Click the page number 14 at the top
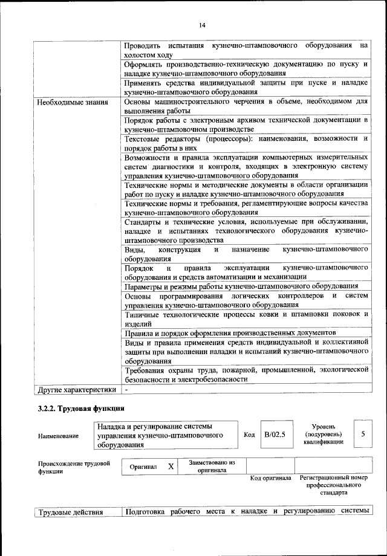coord(202,25)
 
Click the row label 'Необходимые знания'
coord(70,102)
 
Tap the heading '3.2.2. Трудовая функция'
coord(82,409)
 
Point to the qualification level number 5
coord(363,434)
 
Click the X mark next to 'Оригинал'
coord(171,467)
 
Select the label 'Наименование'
coord(58,435)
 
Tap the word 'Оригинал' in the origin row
coord(143,467)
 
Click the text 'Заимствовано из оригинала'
coord(212,466)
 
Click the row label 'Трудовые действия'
coord(71,513)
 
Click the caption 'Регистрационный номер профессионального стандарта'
coord(334,485)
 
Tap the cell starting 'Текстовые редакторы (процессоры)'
coord(246,143)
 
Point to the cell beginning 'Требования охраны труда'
coord(246,373)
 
